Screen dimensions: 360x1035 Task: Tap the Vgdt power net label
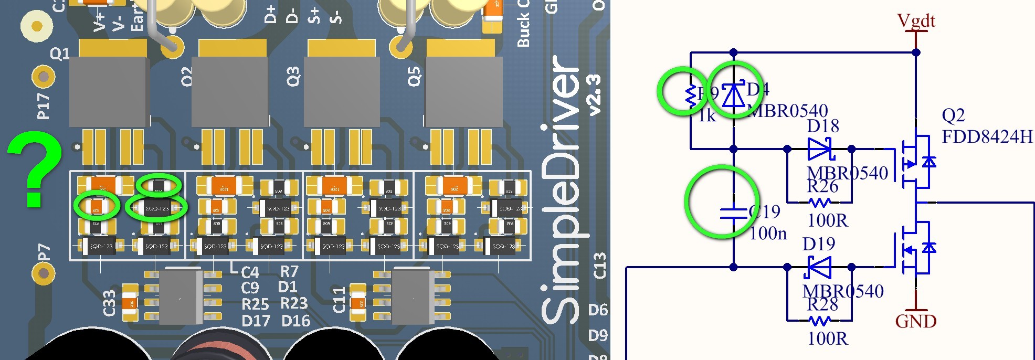coord(916,20)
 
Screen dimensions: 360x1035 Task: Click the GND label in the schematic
coord(915,321)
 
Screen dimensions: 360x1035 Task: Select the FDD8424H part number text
coord(987,137)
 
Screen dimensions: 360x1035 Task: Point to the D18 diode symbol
coord(819,150)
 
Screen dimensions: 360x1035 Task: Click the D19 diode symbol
coord(819,268)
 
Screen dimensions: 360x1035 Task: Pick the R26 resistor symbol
coord(819,202)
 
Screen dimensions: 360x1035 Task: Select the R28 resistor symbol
coord(819,320)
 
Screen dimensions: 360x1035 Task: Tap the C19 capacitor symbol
coord(733,213)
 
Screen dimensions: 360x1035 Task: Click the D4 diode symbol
coord(733,96)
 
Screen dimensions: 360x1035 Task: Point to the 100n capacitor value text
coord(768,233)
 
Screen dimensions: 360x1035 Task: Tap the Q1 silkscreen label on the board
coord(60,54)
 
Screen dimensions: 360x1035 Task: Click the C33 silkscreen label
coord(109,303)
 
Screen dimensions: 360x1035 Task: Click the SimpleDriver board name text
coord(561,189)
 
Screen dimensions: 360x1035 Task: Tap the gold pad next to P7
coord(44,273)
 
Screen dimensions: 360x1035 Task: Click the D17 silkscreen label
coord(256,321)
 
